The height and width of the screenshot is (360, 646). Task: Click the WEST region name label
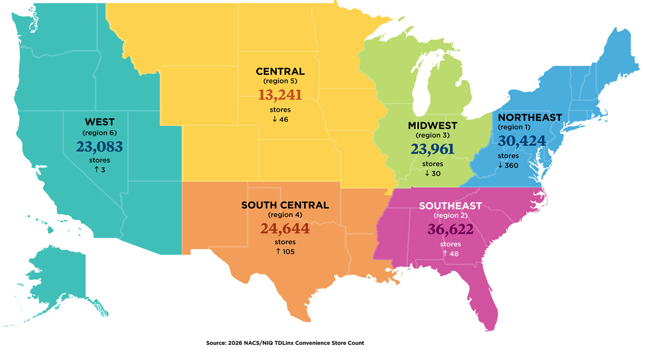click(x=100, y=122)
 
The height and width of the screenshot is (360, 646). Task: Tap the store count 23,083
click(x=100, y=146)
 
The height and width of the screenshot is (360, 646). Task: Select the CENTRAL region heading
click(x=280, y=71)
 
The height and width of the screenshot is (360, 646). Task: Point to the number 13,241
click(x=280, y=95)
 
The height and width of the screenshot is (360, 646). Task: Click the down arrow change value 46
click(x=280, y=119)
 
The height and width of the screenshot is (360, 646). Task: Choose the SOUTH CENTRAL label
click(x=285, y=205)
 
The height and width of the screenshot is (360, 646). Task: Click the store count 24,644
click(x=285, y=229)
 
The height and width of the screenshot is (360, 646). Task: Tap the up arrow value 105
click(x=285, y=252)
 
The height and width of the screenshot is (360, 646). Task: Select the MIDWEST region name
click(x=432, y=126)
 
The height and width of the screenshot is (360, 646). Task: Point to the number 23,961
click(x=432, y=150)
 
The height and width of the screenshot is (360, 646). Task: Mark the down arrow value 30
click(x=432, y=173)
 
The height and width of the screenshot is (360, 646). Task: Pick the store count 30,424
click(x=522, y=141)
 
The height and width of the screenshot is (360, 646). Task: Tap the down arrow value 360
click(x=508, y=165)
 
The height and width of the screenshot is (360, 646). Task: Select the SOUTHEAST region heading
click(x=450, y=206)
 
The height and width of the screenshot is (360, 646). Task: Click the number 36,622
click(x=450, y=229)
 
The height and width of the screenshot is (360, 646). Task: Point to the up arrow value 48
click(x=450, y=253)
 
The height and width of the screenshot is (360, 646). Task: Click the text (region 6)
click(x=100, y=132)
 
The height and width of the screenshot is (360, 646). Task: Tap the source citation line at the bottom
click(x=289, y=343)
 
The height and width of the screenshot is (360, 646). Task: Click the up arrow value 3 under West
click(x=100, y=170)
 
